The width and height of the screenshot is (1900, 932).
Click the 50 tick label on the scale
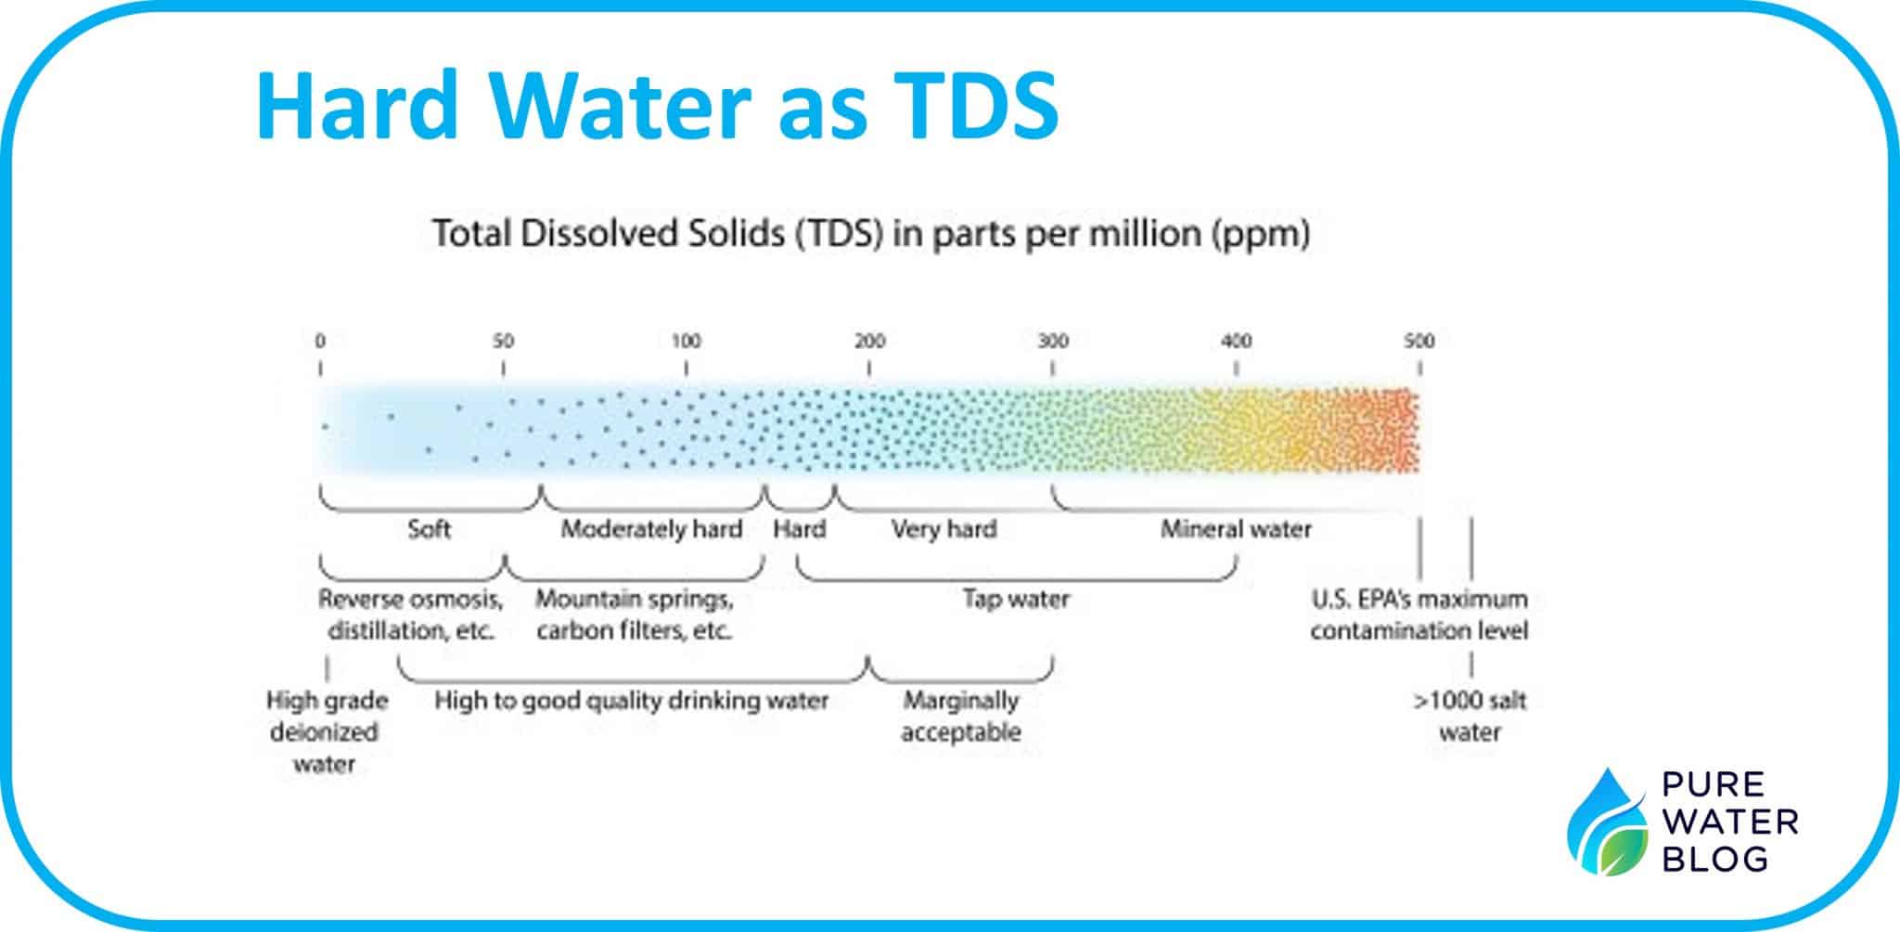coord(503,342)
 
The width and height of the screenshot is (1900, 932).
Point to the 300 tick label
coord(1053,342)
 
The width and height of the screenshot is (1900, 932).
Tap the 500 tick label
coord(1419,342)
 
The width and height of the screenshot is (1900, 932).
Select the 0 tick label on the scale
coord(320,342)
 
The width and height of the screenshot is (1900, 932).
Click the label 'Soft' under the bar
coord(430,530)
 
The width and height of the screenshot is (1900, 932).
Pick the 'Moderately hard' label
coord(651,530)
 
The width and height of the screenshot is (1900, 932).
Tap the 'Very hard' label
coord(944,530)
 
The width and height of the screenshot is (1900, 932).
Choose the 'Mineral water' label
coord(1236,530)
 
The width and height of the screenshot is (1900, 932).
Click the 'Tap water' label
coord(1016,600)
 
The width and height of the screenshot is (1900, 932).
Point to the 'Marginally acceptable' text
coord(961,716)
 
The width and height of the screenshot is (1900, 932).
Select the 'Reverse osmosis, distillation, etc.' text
coord(411,615)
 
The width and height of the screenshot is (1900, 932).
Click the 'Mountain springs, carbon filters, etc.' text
coord(635,615)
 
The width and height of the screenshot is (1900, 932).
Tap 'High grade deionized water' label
coord(326,731)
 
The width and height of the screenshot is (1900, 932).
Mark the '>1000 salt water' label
coord(1470,716)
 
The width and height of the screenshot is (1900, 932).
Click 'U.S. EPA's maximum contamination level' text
coord(1419,615)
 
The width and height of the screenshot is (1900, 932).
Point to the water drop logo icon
coord(1605,822)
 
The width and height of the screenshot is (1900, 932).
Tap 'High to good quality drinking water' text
coord(632,701)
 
